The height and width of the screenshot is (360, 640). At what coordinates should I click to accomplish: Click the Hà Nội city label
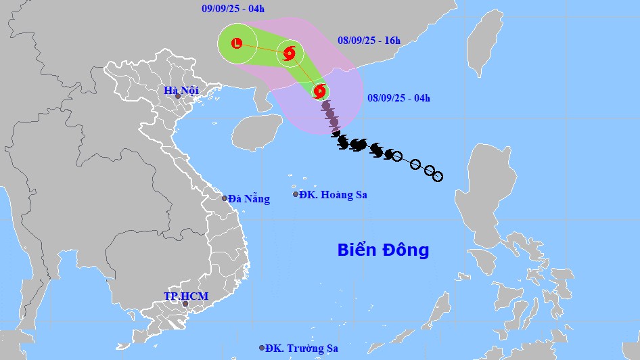pyautogui.click(x=181, y=91)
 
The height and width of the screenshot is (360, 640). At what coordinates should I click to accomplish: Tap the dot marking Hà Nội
pyautogui.click(x=178, y=97)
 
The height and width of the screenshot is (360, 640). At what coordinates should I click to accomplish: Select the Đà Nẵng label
pyautogui.click(x=249, y=199)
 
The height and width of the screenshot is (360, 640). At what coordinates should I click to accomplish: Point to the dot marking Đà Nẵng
pyautogui.click(x=225, y=198)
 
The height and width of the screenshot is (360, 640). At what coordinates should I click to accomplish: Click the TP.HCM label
pyautogui.click(x=186, y=296)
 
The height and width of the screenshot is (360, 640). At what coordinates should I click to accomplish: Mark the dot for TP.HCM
pyautogui.click(x=185, y=304)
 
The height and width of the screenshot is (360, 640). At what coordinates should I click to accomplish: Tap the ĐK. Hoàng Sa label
pyautogui.click(x=333, y=195)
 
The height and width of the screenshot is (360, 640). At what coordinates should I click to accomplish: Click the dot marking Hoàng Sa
pyautogui.click(x=296, y=194)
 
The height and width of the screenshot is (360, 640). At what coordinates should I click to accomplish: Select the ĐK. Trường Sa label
pyautogui.click(x=302, y=348)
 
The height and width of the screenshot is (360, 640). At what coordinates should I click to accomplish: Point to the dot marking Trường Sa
pyautogui.click(x=262, y=348)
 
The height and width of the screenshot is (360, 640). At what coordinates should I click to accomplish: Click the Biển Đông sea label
pyautogui.click(x=383, y=250)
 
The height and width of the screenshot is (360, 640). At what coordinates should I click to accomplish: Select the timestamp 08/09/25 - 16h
pyautogui.click(x=369, y=41)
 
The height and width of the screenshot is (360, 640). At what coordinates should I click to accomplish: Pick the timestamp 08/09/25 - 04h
pyautogui.click(x=398, y=98)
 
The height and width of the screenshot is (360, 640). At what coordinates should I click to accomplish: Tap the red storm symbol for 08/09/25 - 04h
pyautogui.click(x=320, y=91)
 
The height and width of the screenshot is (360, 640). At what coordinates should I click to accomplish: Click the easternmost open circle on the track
pyautogui.click(x=438, y=177)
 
